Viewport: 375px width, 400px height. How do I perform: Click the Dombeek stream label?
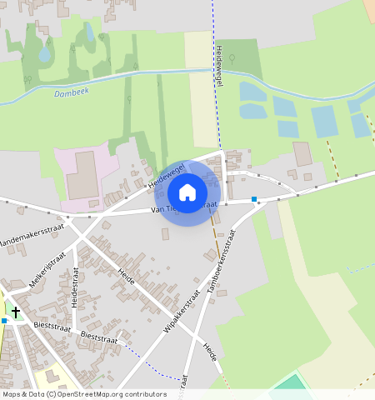coord(71,93)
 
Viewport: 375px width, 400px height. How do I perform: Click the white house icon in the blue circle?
coord(187,192)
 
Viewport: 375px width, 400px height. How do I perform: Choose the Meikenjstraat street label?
coord(47,272)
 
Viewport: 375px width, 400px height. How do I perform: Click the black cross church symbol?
coord(15,312)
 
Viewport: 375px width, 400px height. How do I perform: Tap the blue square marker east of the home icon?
coord(253,199)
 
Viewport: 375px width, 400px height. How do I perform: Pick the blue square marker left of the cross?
coord(4,320)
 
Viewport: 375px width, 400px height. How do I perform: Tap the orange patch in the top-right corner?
coord(368,10)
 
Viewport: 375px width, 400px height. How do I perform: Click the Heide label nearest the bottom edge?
coord(210,352)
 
